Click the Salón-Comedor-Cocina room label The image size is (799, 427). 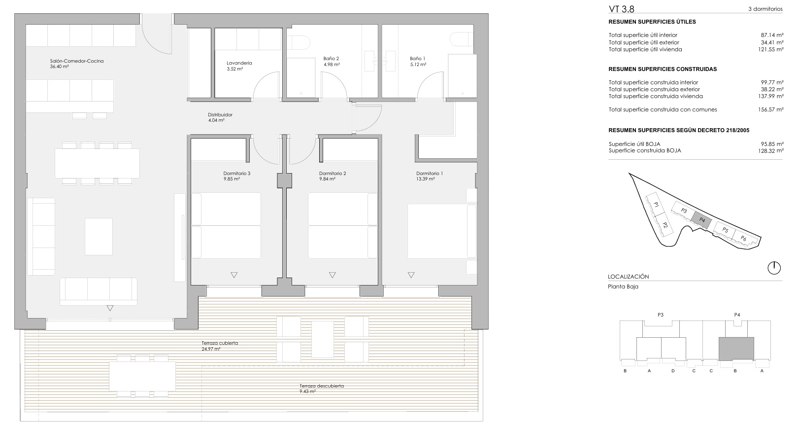pos(77,61)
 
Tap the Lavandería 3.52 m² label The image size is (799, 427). pos(239,66)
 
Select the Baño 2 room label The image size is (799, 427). pos(331,59)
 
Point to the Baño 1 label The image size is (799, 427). pos(417,59)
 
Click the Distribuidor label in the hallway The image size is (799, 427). pos(220,115)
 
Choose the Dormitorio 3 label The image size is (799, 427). pos(237,174)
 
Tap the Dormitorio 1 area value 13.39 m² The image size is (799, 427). pos(425,179)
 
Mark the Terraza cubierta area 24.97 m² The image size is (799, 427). pos(211,349)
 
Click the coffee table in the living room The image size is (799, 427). pos(99,236)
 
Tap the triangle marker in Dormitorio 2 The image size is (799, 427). pos(332,275)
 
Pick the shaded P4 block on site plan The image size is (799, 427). pos(701,220)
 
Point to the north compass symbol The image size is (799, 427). pos(774,268)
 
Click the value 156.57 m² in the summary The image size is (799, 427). pos(771,109)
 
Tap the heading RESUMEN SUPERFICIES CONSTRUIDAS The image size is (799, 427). pos(663,69)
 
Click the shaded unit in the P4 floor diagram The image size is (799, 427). pos(736,349)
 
